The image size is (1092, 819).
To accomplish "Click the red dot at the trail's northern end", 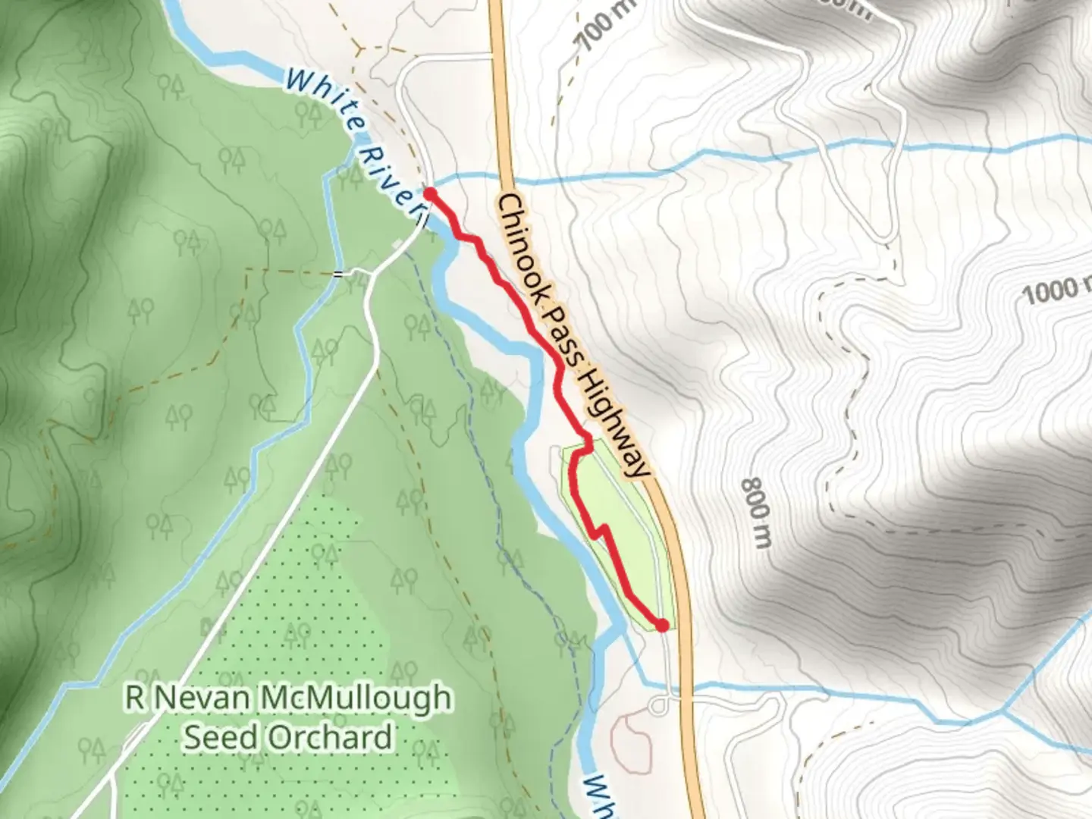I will click(x=428, y=194).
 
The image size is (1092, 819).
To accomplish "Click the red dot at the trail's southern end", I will click(x=661, y=625).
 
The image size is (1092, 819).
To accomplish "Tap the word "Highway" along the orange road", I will click(x=616, y=422).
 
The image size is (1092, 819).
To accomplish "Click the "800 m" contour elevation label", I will click(x=757, y=513).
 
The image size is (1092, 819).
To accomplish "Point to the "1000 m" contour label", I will click(x=1054, y=288).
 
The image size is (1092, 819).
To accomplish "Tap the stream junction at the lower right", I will click(x=1004, y=711).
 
